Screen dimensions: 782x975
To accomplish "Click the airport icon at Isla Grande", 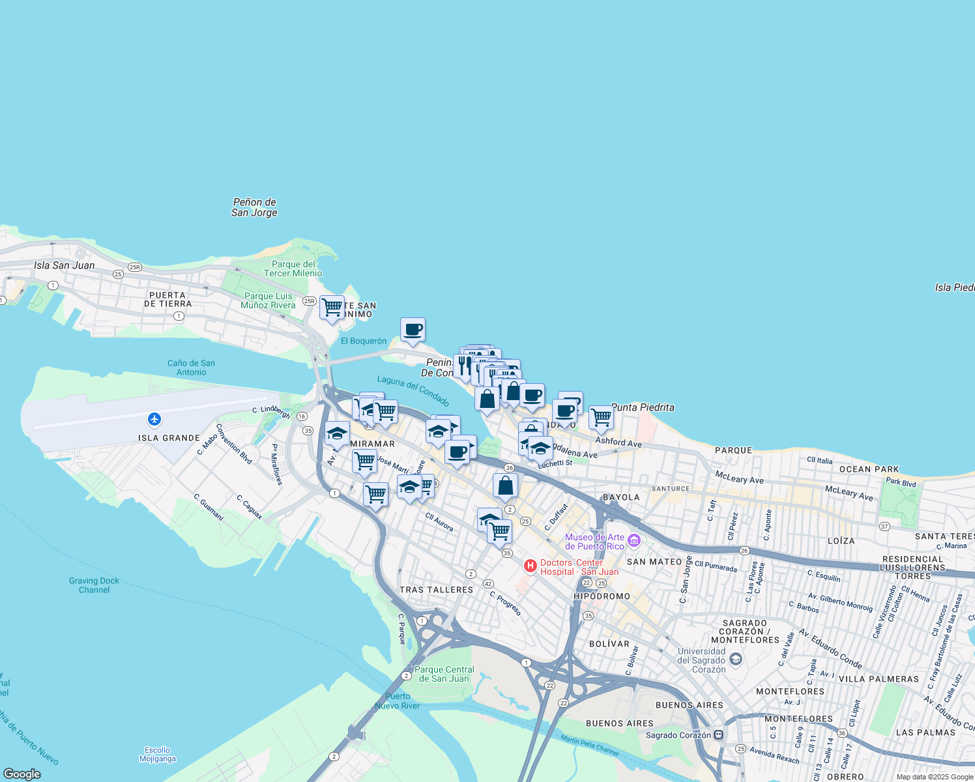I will (x=154, y=419).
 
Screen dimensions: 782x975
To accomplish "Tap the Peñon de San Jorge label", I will (x=254, y=207).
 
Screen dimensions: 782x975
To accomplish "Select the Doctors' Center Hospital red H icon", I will (x=531, y=566).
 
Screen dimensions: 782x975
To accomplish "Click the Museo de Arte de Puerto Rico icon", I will (x=633, y=541).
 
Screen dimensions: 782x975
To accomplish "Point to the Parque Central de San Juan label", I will (x=444, y=674).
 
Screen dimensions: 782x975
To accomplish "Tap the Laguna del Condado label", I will (x=413, y=390).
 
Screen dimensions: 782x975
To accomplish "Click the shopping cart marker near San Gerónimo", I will (x=332, y=307).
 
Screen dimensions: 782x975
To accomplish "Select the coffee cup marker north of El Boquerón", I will (x=413, y=330).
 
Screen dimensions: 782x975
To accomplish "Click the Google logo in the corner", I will (x=22, y=774).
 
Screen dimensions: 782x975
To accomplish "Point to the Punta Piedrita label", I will (x=643, y=407).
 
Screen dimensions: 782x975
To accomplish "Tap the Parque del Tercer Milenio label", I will (x=293, y=268).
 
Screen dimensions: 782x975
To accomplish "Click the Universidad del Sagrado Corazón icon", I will (x=735, y=659).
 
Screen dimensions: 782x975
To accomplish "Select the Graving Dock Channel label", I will (x=95, y=585).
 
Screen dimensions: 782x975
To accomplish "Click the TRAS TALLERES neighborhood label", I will (x=436, y=590).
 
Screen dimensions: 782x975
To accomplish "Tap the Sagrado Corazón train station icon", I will (x=718, y=735).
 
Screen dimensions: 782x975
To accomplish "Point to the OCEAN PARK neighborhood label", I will (x=869, y=469).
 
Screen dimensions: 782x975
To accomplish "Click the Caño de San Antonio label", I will (x=191, y=368).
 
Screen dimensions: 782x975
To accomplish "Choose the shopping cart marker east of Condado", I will (x=601, y=417).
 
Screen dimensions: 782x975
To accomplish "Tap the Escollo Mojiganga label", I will (x=158, y=754).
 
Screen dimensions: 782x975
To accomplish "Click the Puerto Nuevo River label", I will (x=398, y=701).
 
